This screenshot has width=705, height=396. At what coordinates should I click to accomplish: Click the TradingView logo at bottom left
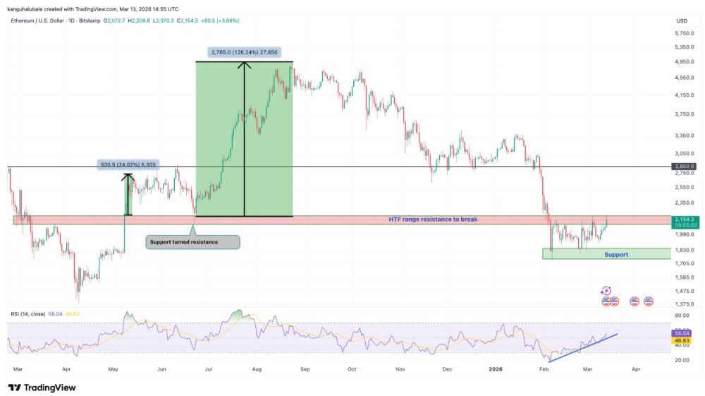click(42, 387)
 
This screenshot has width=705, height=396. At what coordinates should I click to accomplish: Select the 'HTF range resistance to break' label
click(433, 220)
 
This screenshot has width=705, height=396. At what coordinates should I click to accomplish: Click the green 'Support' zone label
click(616, 254)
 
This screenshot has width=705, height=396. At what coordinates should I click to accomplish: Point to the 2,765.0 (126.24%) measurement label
click(244, 52)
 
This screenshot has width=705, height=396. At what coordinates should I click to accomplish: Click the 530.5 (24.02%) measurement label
click(128, 164)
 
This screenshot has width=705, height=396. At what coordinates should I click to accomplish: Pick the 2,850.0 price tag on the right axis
click(684, 167)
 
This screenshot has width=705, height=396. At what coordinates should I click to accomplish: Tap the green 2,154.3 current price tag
click(684, 220)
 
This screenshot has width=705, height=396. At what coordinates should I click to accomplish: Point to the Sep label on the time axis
click(305, 369)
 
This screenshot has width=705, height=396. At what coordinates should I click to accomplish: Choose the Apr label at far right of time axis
click(637, 369)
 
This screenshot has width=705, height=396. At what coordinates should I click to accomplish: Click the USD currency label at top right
click(682, 20)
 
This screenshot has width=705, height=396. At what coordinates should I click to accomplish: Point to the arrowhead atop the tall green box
click(244, 66)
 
